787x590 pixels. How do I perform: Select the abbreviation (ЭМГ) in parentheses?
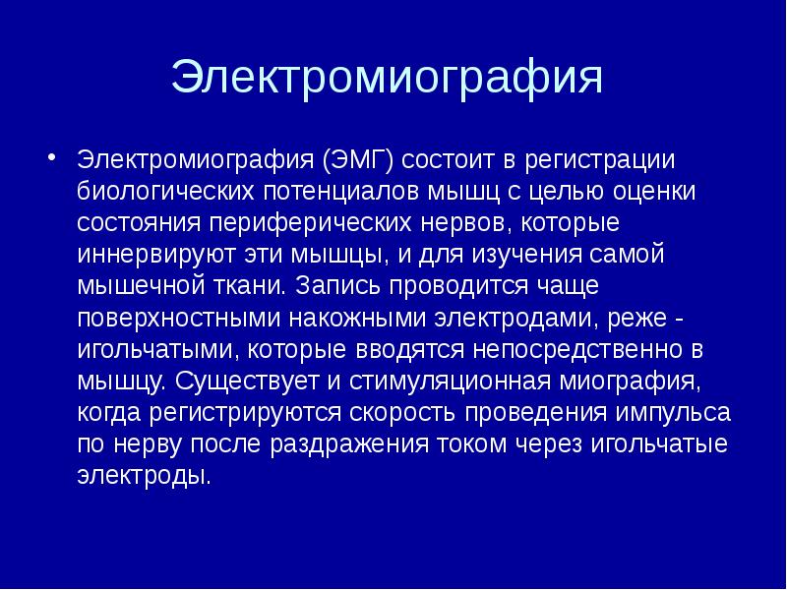(357, 159)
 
